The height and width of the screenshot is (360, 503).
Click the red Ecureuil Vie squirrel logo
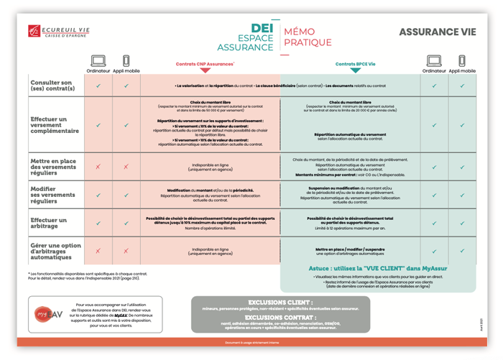point(33,31)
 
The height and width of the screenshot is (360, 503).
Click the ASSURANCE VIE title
point(437,32)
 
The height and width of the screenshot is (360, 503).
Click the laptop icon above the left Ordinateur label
point(98,62)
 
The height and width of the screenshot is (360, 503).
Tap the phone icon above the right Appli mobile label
point(462,62)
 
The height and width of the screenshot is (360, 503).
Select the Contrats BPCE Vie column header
point(355,64)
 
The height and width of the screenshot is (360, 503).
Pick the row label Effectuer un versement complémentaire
point(55,125)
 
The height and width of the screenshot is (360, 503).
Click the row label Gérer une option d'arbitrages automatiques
point(55,251)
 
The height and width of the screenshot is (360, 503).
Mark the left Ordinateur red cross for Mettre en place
point(98,167)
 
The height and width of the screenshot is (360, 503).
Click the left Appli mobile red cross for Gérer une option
point(126,251)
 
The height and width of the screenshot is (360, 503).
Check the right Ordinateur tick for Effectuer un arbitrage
point(434,223)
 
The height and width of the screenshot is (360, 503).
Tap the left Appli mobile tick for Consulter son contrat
point(126,86)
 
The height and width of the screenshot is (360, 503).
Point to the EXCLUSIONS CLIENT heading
point(280,303)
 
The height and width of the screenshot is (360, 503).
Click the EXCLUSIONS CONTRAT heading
point(280,317)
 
